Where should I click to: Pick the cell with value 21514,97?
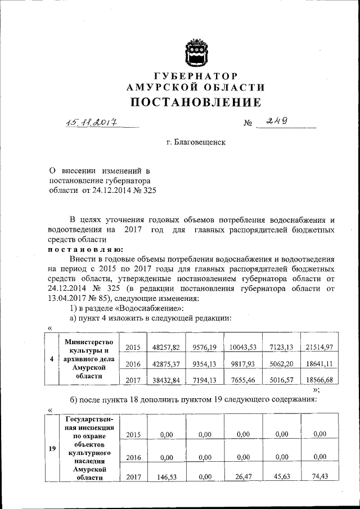tap(319, 347)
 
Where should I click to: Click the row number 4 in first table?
tap(52, 359)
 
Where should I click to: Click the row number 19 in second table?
tap(52, 448)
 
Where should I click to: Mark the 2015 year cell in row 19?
tap(133, 434)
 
